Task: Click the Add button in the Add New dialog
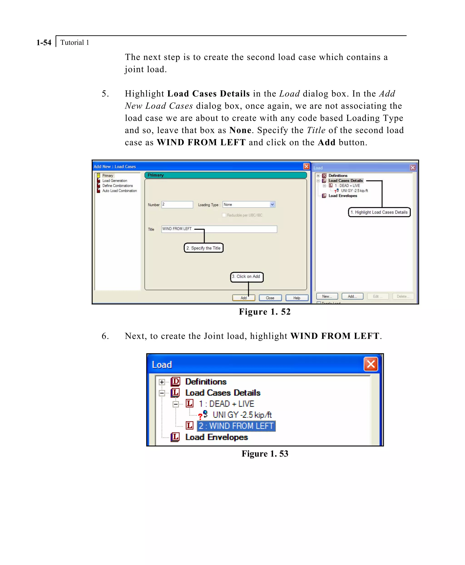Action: point(243,298)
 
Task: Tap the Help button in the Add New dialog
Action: point(297,298)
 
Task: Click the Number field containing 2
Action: point(177,204)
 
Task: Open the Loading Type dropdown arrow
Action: point(272,204)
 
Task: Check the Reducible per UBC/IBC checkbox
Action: point(224,215)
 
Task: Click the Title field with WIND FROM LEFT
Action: point(219,229)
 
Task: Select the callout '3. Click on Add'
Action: point(247,277)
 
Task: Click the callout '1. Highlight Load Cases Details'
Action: point(379,212)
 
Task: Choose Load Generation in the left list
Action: point(115,181)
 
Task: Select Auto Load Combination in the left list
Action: point(119,191)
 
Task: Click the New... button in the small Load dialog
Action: point(327,296)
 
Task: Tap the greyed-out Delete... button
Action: point(403,296)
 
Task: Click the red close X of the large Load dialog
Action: point(371,364)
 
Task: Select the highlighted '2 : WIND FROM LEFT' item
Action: point(236,426)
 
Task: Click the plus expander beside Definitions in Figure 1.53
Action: point(162,382)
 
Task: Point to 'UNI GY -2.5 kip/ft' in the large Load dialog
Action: point(242,415)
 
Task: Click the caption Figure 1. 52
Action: point(265,312)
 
